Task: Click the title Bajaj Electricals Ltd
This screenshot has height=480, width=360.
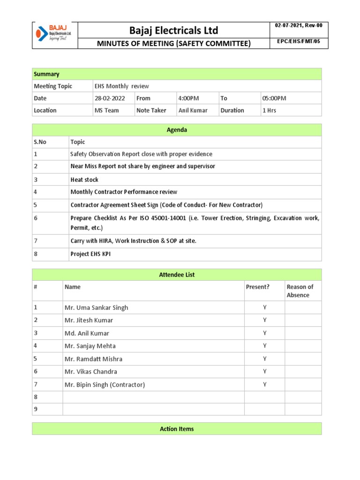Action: pyautogui.click(x=174, y=30)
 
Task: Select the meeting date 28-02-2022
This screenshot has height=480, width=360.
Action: pyautogui.click(x=110, y=98)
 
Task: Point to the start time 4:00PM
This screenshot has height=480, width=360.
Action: pyautogui.click(x=188, y=98)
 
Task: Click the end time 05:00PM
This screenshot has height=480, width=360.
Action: pyautogui.click(x=274, y=98)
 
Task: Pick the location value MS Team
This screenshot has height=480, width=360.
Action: pyautogui.click(x=107, y=111)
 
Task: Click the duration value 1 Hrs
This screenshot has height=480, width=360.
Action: pyautogui.click(x=269, y=111)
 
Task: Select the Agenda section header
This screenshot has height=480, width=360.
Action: pyautogui.click(x=177, y=130)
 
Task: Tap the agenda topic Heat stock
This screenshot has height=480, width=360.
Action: pyautogui.click(x=84, y=180)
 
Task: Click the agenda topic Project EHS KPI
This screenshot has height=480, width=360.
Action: pyautogui.click(x=90, y=254)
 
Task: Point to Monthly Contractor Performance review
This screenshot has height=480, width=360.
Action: pyautogui.click(x=124, y=192)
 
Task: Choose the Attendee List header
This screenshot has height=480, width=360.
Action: pyautogui.click(x=177, y=275)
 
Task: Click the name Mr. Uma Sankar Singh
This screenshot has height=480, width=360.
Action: pyautogui.click(x=96, y=307)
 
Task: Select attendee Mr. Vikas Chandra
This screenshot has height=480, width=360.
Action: pyautogui.click(x=90, y=372)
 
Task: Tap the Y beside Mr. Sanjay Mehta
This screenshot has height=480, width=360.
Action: pyautogui.click(x=264, y=346)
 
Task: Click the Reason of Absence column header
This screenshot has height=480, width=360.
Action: pyautogui.click(x=300, y=291)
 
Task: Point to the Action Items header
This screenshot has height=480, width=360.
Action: pyautogui.click(x=177, y=429)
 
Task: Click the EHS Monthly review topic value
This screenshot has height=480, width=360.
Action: pyautogui.click(x=122, y=86)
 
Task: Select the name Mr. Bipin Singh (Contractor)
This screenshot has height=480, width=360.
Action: pyautogui.click(x=105, y=385)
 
